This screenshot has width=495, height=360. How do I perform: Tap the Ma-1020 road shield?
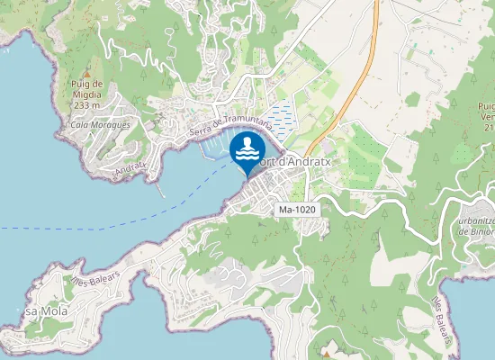(298, 210)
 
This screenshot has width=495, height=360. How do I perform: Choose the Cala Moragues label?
(100, 125)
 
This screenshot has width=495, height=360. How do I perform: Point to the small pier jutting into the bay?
(160, 191)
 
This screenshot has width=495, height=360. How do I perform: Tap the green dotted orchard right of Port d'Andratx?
(364, 157)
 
